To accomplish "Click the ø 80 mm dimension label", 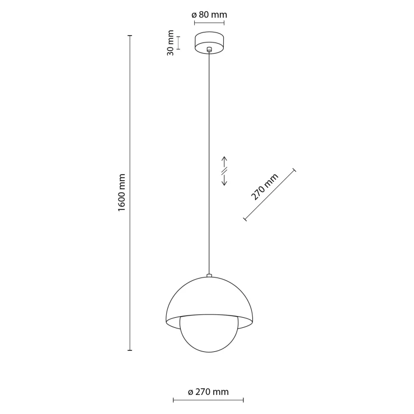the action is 209,15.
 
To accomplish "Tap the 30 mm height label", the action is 171,43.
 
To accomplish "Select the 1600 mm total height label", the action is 121,192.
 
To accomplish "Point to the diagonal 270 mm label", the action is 265,187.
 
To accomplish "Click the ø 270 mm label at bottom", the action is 208,392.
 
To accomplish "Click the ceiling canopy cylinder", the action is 209,43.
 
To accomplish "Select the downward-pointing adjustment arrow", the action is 224,180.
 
